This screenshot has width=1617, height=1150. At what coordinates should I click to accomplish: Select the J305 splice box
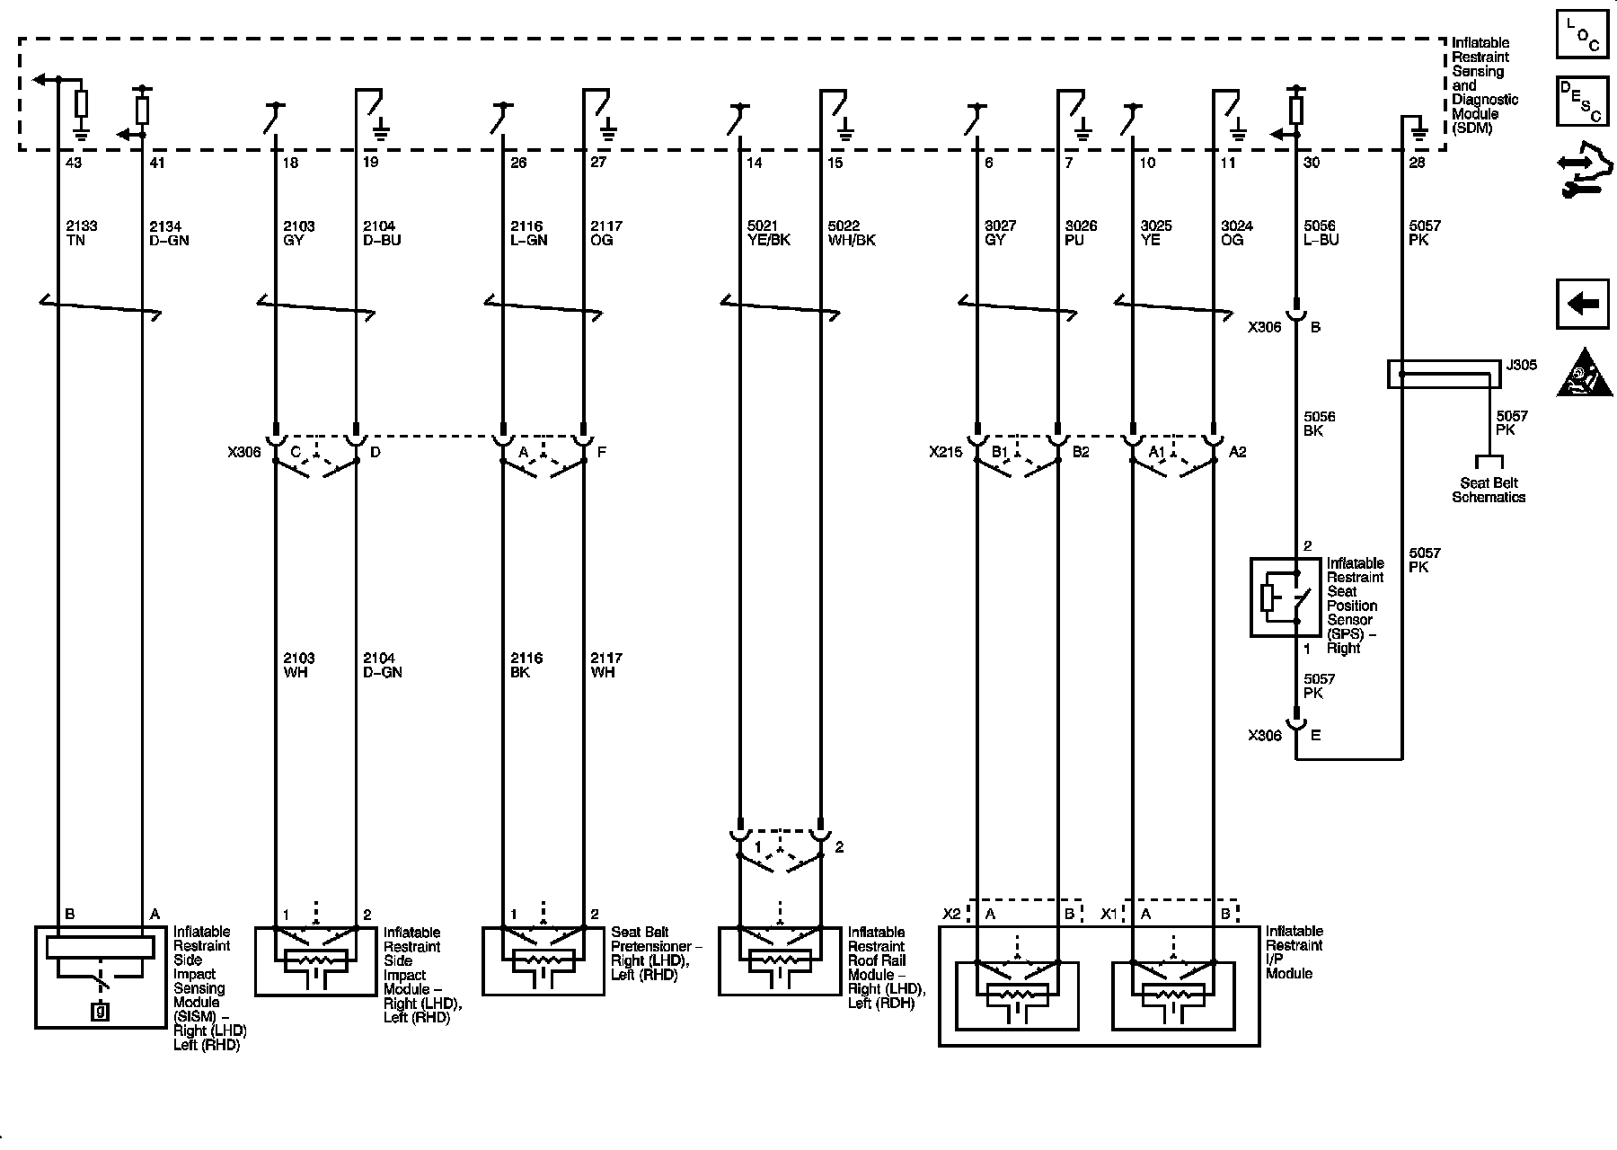(1445, 374)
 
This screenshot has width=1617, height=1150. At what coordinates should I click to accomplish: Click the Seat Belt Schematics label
(1488, 490)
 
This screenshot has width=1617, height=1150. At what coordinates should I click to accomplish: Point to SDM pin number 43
(74, 163)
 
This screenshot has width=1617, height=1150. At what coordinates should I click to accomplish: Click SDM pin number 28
(1418, 163)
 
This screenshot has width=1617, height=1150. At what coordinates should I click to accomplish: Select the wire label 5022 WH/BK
(850, 234)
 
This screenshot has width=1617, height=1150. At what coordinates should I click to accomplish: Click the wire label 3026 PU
(1081, 234)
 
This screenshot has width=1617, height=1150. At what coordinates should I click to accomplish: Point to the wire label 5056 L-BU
(1321, 234)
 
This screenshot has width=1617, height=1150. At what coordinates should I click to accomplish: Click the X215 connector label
(945, 452)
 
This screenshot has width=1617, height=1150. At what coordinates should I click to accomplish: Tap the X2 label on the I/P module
(951, 914)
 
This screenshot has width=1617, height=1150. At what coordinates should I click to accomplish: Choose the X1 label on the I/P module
(1110, 914)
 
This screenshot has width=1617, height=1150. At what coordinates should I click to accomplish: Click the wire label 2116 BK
(526, 665)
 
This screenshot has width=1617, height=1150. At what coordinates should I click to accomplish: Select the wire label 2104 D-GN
(382, 665)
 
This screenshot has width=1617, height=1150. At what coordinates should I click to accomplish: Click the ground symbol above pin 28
(1419, 133)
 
